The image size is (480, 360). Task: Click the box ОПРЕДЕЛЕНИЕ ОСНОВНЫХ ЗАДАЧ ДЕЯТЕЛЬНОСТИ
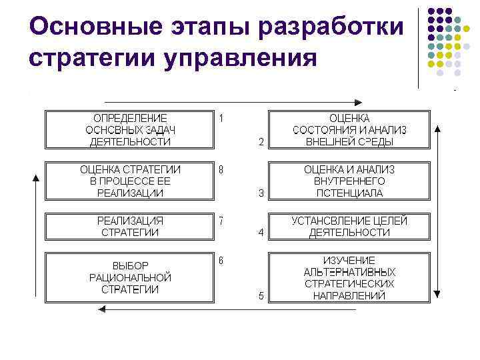click(129, 129)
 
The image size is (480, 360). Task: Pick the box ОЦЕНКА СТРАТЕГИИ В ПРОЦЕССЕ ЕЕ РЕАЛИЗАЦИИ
click(129, 181)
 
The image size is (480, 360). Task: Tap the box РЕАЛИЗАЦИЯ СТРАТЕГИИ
click(129, 226)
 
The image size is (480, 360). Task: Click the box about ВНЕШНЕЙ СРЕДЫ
click(349, 129)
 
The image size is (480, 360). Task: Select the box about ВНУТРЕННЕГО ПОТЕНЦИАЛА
click(349, 181)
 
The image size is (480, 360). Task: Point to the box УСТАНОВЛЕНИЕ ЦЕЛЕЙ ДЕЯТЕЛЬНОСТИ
click(349, 226)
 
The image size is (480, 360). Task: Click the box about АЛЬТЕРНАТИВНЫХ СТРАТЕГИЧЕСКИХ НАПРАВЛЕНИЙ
click(349, 277)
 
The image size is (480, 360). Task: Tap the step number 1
click(221, 118)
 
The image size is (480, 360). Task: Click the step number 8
click(221, 169)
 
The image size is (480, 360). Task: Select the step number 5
click(261, 295)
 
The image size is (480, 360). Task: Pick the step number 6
click(221, 259)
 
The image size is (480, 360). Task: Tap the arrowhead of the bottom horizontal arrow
click(101, 309)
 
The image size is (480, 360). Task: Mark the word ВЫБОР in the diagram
click(130, 265)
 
